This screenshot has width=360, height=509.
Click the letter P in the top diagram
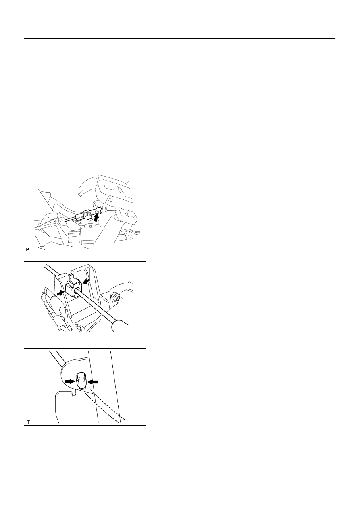[27, 249]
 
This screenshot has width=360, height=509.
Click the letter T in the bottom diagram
[28, 422]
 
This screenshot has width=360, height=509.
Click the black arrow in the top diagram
[97, 218]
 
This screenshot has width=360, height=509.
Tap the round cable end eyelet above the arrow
[99, 211]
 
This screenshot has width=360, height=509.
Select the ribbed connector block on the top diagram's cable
[87, 214]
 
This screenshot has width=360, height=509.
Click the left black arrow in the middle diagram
[60, 293]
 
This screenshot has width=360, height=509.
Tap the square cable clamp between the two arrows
[73, 290]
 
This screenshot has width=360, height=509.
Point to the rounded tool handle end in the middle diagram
[120, 325]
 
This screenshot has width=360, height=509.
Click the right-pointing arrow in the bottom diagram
[70, 382]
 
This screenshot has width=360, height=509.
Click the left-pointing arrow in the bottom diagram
[93, 382]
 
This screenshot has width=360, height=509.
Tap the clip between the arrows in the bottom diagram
[81, 380]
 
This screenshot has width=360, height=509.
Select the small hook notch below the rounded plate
[73, 395]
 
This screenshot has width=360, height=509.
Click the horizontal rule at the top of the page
[179, 38]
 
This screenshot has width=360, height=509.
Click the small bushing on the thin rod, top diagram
[62, 221]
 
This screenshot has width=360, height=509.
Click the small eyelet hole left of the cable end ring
[95, 202]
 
